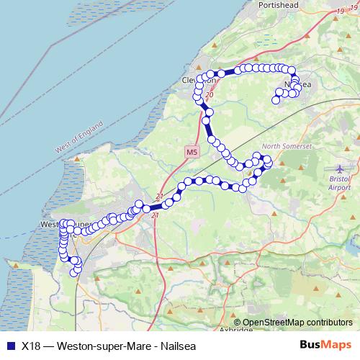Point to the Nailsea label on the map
(297, 85)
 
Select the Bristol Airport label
(338, 181)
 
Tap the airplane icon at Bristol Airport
(341, 168)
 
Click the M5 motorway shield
(191, 153)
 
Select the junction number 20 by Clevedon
(209, 95)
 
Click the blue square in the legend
(9, 345)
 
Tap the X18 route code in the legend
(30, 345)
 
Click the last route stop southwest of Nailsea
(275, 100)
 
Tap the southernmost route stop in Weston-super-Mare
(77, 273)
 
